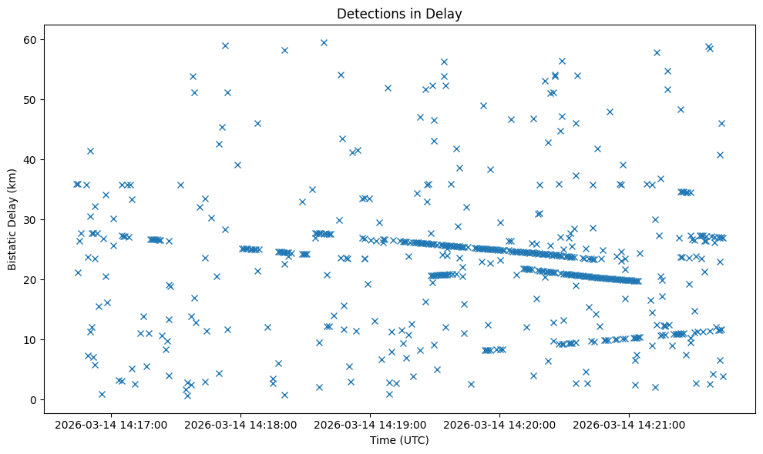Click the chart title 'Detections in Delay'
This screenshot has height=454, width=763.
[x=399, y=13]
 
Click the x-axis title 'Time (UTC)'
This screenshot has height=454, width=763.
[x=399, y=440]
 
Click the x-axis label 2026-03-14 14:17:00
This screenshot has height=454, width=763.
[x=112, y=424]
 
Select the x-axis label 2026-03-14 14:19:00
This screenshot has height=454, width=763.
[x=371, y=424]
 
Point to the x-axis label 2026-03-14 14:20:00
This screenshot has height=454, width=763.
[x=500, y=424]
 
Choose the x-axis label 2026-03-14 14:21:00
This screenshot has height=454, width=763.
[x=630, y=424]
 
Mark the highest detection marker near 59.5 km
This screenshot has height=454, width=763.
[x=324, y=43]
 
